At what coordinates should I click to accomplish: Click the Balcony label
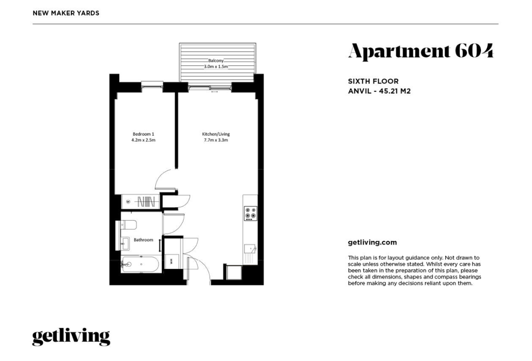[216, 61]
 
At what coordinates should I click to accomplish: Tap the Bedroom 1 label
[143, 134]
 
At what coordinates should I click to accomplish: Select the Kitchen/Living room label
[216, 134]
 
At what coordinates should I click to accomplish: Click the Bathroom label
[143, 240]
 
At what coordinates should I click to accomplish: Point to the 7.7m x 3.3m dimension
[216, 140]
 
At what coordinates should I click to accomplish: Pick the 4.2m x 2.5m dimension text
[143, 140]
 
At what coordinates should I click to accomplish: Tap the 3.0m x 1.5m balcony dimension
[216, 66]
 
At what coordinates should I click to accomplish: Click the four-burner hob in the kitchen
[251, 213]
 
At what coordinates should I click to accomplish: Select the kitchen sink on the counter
[250, 249]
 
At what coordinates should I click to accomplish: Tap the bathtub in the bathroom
[140, 264]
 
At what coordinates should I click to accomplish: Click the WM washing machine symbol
[171, 262]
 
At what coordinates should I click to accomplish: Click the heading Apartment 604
[421, 51]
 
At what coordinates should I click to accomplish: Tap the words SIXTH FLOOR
[373, 81]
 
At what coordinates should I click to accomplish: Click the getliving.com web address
[372, 242]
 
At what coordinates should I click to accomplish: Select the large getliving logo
[71, 337]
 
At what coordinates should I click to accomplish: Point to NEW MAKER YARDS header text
[66, 13]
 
